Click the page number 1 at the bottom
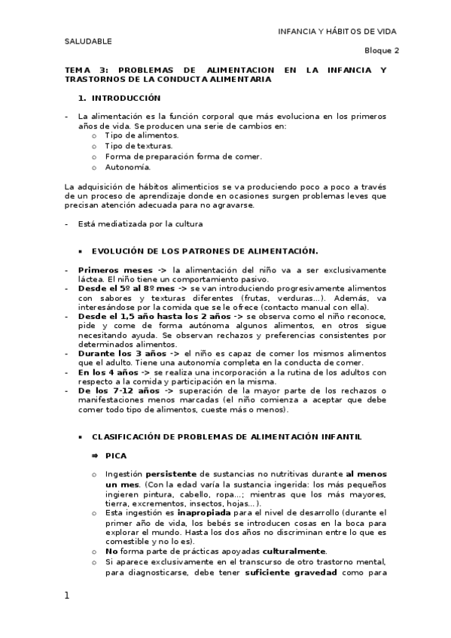67,596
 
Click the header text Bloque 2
382,50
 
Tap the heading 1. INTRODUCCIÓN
120,98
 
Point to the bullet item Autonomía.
128,167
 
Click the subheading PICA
116,456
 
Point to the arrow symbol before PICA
96,456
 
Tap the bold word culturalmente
293,551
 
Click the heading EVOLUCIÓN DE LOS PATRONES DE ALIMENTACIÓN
205,251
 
